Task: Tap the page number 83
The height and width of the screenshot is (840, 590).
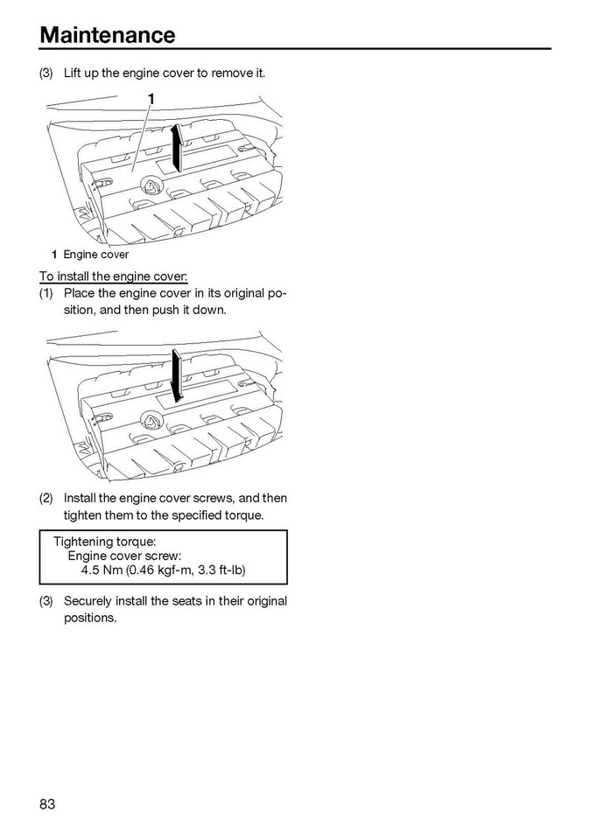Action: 47,804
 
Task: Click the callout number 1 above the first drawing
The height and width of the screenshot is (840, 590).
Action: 151,98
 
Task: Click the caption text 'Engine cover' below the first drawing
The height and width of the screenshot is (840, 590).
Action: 95,255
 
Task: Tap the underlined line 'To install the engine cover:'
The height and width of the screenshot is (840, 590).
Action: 113,276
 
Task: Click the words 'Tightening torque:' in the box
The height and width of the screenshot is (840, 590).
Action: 105,542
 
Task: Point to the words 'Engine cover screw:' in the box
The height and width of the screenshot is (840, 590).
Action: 125,556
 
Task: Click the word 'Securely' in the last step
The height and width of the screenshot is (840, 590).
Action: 91,601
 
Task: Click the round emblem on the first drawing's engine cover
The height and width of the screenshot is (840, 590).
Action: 150,185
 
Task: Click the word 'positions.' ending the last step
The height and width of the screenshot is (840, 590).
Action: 90,618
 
